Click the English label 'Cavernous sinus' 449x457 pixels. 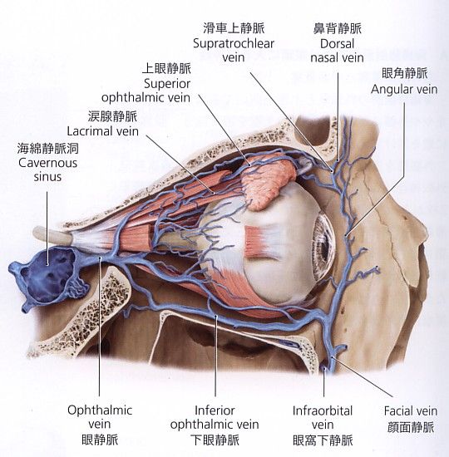point(48,170)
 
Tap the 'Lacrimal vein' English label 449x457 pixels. point(103,131)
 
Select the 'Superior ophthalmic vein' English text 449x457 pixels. point(146,91)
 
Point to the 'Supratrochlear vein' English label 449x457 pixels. point(234,51)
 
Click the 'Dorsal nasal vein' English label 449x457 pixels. point(337,51)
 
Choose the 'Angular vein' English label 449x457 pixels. point(404,89)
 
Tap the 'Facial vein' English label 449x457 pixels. point(411,411)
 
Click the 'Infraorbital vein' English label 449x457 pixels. point(323,417)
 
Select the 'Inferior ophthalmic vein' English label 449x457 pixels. point(215,417)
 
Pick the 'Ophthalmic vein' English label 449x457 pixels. point(100,417)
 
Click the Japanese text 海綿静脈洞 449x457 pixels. point(48,149)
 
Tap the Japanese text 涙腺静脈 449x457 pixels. point(112,116)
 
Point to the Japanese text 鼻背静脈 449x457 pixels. point(338,28)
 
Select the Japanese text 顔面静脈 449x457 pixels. point(411,427)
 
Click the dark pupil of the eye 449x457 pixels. point(323,247)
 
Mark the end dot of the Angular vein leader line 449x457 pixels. point(347,235)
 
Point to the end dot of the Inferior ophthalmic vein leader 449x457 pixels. point(216,316)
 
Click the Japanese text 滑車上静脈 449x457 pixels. point(234,28)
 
